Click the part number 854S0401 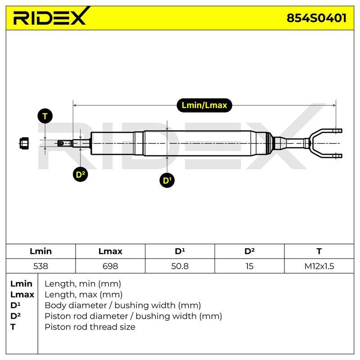pos(317,18)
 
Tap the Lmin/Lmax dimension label pos(204,105)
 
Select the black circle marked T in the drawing pos(45,116)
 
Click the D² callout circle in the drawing pos(80,174)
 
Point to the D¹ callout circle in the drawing pos(167,180)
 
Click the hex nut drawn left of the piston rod pos(24,143)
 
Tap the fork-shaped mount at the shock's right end pos(325,143)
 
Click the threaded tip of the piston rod pos(61,144)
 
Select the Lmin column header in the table pos(40,251)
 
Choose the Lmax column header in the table pos(110,251)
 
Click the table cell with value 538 pos(40,266)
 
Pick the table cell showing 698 pos(110,266)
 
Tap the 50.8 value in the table pos(180,266)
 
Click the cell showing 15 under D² pos(249,266)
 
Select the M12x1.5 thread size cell pos(319,266)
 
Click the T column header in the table pos(319,251)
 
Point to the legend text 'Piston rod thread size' pos(90,327)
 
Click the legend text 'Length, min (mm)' pos(83,284)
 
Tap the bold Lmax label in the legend pos(22,295)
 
